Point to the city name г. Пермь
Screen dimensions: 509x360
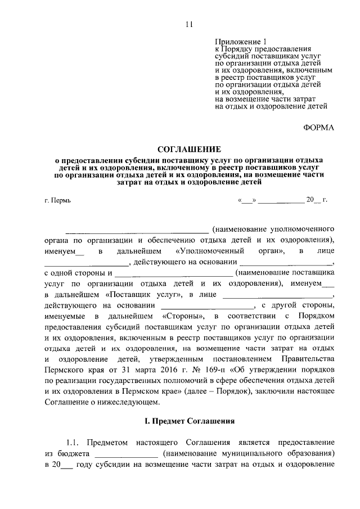coord(57,200)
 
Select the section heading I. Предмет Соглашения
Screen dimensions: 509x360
coord(186,421)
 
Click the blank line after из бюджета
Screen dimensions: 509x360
coord(127,454)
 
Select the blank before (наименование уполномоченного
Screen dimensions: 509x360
coord(137,229)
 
